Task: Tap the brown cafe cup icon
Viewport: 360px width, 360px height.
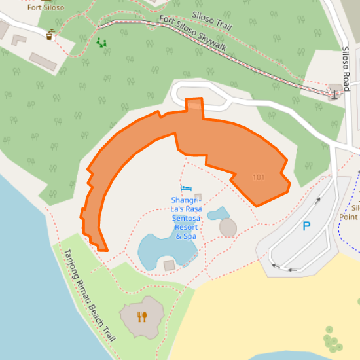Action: pos(50,35)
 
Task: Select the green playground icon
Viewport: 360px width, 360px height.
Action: pos(101,43)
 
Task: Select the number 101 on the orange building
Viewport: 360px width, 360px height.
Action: pos(259,177)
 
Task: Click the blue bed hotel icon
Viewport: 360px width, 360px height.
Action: pos(186,189)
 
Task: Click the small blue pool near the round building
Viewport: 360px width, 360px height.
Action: pos(218,213)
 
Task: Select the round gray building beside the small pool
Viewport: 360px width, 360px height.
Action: pos(228,227)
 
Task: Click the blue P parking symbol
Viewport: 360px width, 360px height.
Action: pos(306,227)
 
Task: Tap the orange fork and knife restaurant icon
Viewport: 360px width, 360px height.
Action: pos(142,317)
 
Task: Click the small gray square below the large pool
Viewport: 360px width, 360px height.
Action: pos(169,265)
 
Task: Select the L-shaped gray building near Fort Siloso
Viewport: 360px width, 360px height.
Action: pos(18,40)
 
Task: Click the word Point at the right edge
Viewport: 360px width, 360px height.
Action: pos(349,217)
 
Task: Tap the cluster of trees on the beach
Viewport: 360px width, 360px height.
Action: pos(333,342)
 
